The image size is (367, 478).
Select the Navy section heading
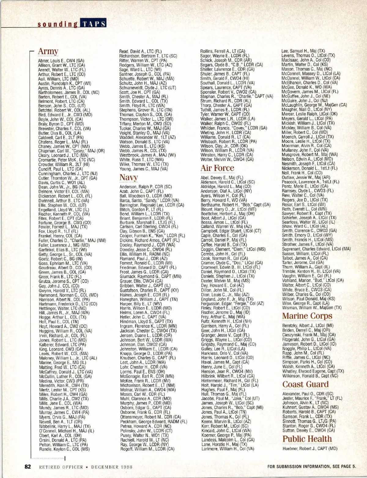(128, 177)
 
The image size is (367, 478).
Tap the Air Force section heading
(217, 168)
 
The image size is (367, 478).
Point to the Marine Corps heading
(307, 316)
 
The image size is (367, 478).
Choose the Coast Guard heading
(305, 384)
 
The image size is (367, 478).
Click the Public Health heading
(307, 439)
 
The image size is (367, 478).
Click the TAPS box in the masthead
(93, 24)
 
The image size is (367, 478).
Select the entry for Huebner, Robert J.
(310, 449)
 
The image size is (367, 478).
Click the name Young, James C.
(143, 169)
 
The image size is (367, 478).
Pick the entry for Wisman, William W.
(311, 308)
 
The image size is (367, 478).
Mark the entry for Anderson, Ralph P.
(145, 187)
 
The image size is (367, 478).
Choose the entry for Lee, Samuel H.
(303, 51)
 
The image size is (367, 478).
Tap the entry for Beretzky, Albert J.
(308, 326)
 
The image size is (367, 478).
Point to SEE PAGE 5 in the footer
(344, 466)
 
